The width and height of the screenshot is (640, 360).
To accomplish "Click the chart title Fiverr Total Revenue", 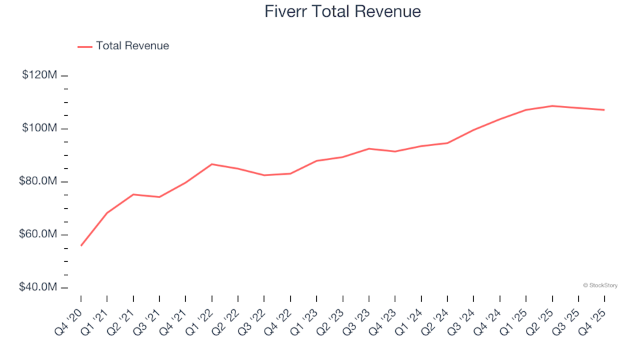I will pyautogui.click(x=343, y=12).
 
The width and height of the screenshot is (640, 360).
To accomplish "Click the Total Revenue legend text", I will pyautogui.click(x=132, y=46).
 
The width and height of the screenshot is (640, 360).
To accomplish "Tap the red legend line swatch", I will pyautogui.click(x=85, y=47).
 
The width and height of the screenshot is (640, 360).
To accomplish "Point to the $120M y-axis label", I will pyautogui.click(x=39, y=75).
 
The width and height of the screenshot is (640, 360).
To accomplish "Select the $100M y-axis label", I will pyautogui.click(x=39, y=128).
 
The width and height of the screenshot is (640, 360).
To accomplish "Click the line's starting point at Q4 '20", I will pyautogui.click(x=81, y=245).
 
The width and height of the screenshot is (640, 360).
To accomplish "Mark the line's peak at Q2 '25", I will pyautogui.click(x=552, y=105).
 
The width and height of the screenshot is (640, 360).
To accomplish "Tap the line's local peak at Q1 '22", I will pyautogui.click(x=212, y=164).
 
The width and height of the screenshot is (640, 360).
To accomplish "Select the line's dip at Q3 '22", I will pyautogui.click(x=264, y=175).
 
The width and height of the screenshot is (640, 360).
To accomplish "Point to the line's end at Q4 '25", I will pyautogui.click(x=604, y=110).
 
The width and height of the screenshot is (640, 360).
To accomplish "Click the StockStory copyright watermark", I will pyautogui.click(x=600, y=285).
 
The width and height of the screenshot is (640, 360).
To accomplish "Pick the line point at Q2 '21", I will pyautogui.click(x=133, y=195).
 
